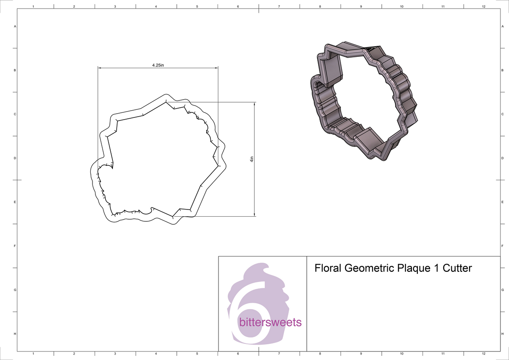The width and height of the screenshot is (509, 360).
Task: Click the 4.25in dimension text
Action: coord(158,65)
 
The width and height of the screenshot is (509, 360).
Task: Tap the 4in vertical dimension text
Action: coord(252,159)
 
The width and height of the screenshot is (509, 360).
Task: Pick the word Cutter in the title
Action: coord(457,268)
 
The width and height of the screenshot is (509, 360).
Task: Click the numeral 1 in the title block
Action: coord(436,268)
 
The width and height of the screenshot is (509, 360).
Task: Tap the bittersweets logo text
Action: coord(270,322)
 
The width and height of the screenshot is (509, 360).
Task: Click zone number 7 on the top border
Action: coord(279,6)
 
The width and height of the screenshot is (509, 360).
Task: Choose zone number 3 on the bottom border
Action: coord(115,354)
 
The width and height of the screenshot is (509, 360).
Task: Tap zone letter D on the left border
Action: coord(15,158)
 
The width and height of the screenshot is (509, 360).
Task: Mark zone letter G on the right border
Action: coord(502,290)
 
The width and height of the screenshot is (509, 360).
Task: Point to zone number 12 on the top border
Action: coord(484,6)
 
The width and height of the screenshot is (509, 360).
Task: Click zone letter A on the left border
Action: coord(15,26)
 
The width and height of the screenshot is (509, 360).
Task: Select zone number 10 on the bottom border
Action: coord(402,354)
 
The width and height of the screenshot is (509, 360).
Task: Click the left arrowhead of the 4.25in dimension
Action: coord(100,67)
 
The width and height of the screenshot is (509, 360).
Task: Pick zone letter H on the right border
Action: coord(502,334)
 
